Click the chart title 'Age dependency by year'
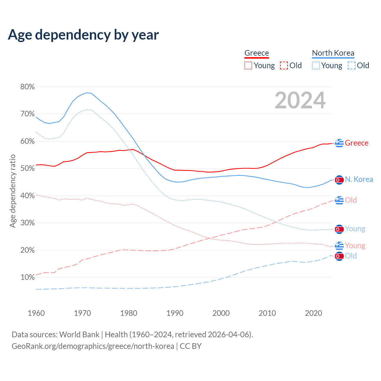tap(83, 35)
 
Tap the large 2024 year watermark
tap(300, 100)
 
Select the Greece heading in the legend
tap(257, 53)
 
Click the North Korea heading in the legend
tap(333, 53)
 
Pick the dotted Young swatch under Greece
tap(248, 65)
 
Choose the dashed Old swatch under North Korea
tap(352, 65)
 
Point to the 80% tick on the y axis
tap(27, 87)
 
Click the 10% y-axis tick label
tap(27, 277)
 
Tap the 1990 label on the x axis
tap(175, 313)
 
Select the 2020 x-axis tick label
tap(313, 313)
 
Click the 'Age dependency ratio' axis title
tap(13, 191)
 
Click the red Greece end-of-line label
tap(357, 143)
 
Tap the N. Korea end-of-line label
tap(359, 179)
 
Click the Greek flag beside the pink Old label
tap(339, 200)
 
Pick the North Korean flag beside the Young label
tap(339, 229)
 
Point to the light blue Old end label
tap(351, 256)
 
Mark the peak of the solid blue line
tap(87, 93)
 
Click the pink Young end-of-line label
tap(355, 246)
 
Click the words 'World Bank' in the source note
tap(79, 335)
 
